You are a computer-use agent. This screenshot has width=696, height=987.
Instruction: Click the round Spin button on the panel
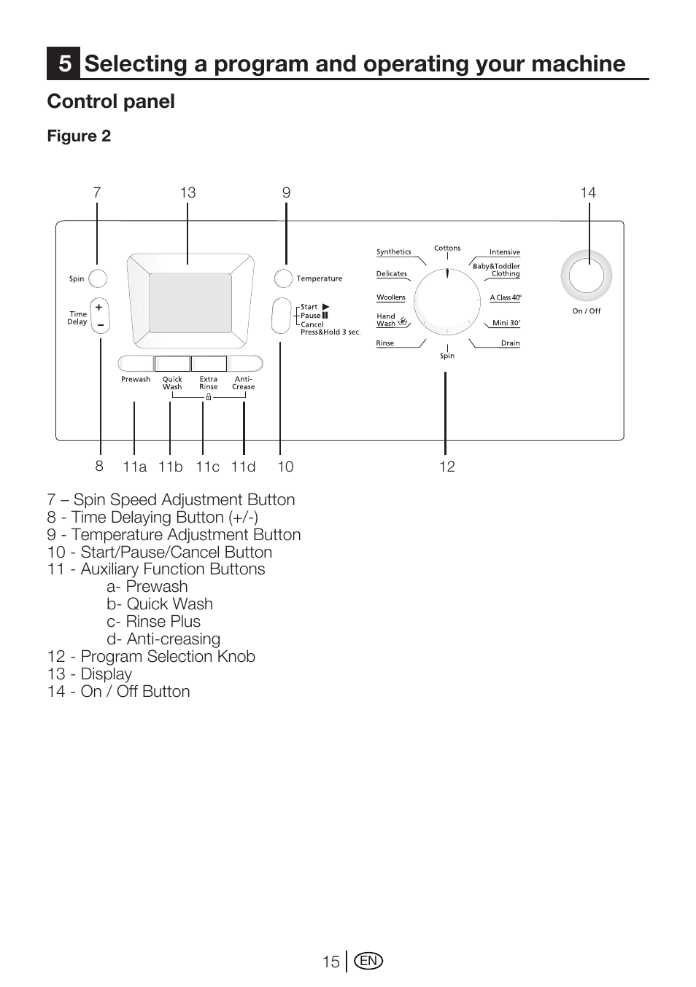pyautogui.click(x=98, y=278)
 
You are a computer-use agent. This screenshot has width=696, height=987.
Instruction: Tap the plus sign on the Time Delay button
pyautogui.click(x=99, y=307)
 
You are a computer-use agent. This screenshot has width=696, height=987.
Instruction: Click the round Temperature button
pyautogui.click(x=283, y=278)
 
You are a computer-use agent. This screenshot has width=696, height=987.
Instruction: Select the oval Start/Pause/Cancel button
pyautogui.click(x=282, y=316)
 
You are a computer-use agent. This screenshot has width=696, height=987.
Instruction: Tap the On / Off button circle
pyautogui.click(x=586, y=276)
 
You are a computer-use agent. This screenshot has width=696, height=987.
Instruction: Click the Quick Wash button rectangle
pyautogui.click(x=172, y=364)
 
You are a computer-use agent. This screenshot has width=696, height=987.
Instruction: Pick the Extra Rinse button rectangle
pyautogui.click(x=209, y=364)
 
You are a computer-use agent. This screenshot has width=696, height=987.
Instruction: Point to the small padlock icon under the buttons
pyautogui.click(x=209, y=397)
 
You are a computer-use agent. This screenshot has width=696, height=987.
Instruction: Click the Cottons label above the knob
pyautogui.click(x=447, y=248)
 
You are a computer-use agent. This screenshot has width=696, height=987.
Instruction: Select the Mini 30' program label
pyautogui.click(x=506, y=322)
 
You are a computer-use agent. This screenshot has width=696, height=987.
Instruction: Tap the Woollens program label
pyautogui.click(x=391, y=297)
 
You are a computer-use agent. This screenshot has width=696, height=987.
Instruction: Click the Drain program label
pyautogui.click(x=510, y=343)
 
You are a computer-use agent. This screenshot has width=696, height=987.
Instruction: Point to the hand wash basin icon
pyautogui.click(x=403, y=321)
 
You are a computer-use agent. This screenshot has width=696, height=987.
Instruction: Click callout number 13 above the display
pyautogui.click(x=187, y=192)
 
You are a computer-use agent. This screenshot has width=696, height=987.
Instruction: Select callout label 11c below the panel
pyautogui.click(x=207, y=467)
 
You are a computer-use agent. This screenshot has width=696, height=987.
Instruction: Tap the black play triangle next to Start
pyautogui.click(x=325, y=307)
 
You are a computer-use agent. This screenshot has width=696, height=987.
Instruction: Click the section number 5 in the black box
pyautogui.click(x=64, y=63)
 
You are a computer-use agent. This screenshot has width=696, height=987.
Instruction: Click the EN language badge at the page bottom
pyautogui.click(x=368, y=961)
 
